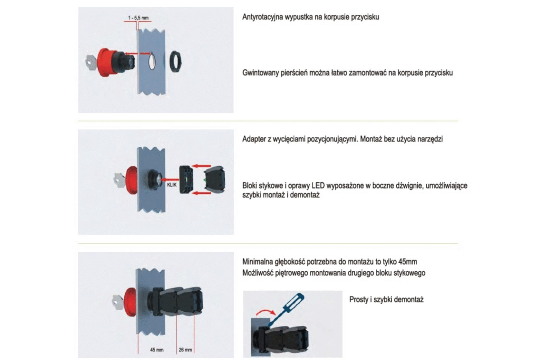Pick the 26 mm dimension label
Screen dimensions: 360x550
(185, 350)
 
